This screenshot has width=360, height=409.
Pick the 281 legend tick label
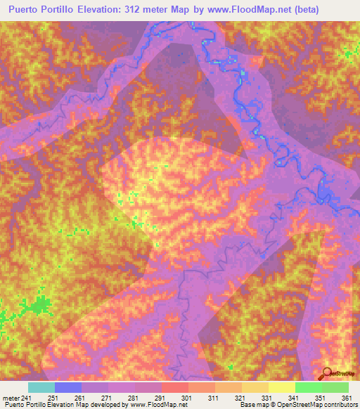click(x=135, y=398)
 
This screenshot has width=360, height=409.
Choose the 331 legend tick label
click(x=268, y=398)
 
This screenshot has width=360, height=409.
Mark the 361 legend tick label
click(x=347, y=398)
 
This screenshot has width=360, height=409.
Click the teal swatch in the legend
click(x=41, y=388)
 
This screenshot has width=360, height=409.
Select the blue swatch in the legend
click(x=68, y=388)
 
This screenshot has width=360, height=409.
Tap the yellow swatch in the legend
click(x=281, y=388)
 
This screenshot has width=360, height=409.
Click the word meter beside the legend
click(x=10, y=398)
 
